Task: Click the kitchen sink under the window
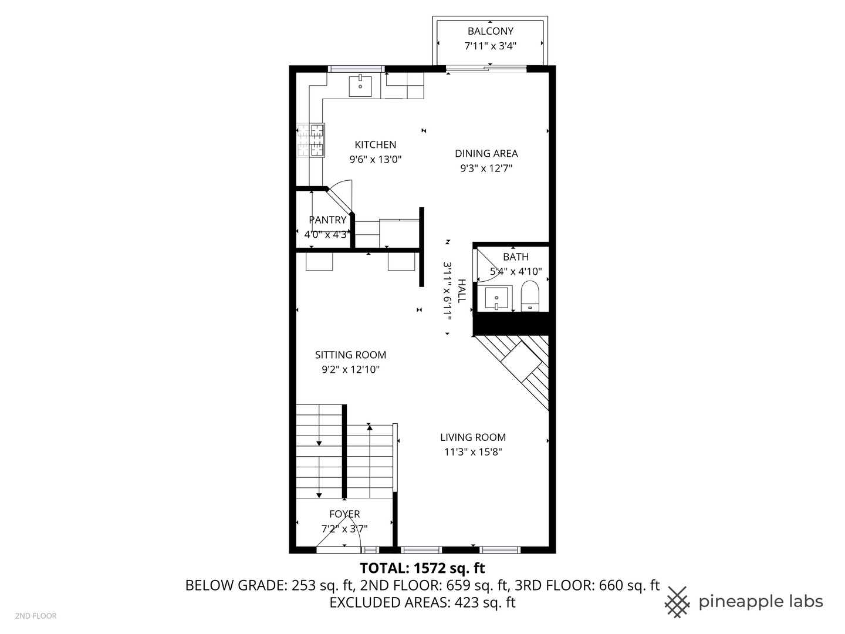[x=360, y=86]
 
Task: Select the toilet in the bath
[x=530, y=295]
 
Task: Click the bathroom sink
[x=496, y=298]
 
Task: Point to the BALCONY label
[x=490, y=31]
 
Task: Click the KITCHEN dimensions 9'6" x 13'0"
[x=375, y=159]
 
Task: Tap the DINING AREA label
[x=486, y=153]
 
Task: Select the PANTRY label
[x=327, y=220]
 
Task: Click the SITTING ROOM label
[x=350, y=355]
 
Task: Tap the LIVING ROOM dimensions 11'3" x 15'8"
[x=473, y=452]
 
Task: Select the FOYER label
[x=344, y=514]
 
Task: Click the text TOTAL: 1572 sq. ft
[x=422, y=568]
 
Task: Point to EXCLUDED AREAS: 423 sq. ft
[x=422, y=602]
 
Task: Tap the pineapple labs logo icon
[x=678, y=602]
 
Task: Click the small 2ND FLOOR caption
[x=36, y=616]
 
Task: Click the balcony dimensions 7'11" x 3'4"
[x=490, y=46]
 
